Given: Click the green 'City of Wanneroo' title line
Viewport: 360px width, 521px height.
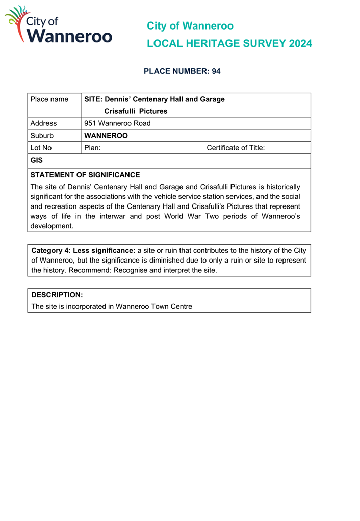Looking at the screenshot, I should pyautogui.click(x=190, y=25).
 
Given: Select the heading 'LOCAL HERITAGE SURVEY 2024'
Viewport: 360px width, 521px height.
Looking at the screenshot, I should pyautogui.click(x=229, y=44).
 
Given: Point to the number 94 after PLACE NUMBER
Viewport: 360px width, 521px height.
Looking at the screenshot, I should pyautogui.click(x=216, y=71).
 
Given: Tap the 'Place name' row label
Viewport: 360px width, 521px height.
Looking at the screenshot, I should pyautogui.click(x=49, y=99).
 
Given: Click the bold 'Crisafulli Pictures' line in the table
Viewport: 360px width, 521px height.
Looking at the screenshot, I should pyautogui.click(x=136, y=111).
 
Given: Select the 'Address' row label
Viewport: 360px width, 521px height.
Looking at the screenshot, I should pyautogui.click(x=43, y=123).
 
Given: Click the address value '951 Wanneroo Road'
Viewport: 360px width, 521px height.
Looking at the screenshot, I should pyautogui.click(x=117, y=123).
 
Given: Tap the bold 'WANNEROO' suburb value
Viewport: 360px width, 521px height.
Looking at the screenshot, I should pyautogui.click(x=106, y=136).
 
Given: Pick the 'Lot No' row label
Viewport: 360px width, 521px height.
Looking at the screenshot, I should pyautogui.click(x=41, y=148).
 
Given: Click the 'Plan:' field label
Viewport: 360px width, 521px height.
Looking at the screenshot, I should pyautogui.click(x=92, y=148).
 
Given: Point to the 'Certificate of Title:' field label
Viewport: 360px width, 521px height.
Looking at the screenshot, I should pyautogui.click(x=236, y=148).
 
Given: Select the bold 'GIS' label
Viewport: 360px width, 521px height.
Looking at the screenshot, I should pyautogui.click(x=36, y=160).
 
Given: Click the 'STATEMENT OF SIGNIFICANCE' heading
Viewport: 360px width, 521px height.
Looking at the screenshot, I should pyautogui.click(x=85, y=175).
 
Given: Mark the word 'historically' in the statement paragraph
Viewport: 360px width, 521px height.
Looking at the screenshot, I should pyautogui.click(x=280, y=187).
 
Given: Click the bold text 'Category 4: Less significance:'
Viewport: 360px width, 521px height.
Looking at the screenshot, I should pyautogui.click(x=83, y=250).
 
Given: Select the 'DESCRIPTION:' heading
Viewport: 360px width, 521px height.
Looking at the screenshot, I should pyautogui.click(x=57, y=295).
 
